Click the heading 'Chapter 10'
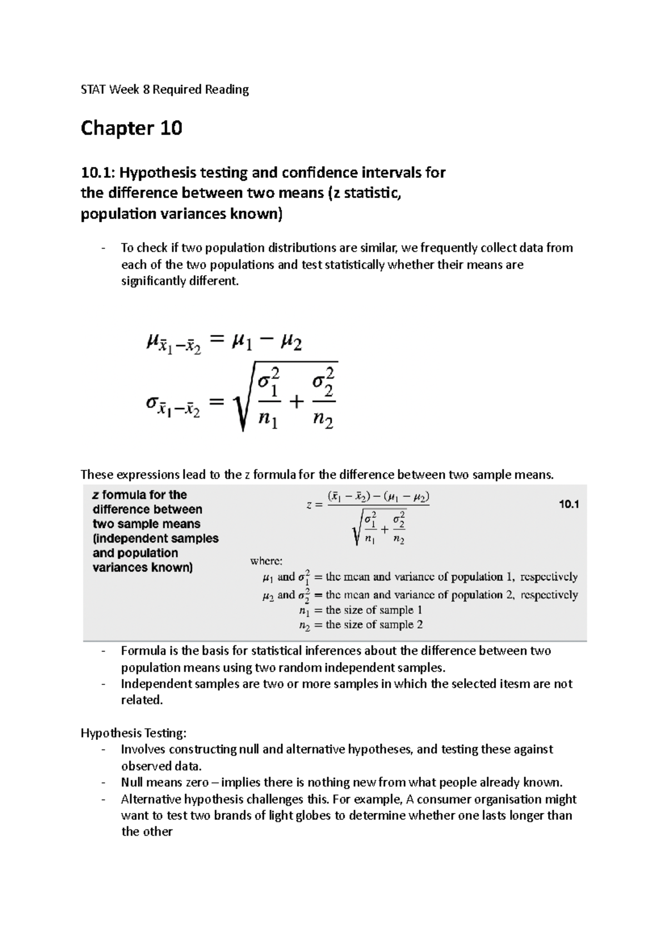(131, 128)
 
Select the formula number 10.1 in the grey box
(568, 505)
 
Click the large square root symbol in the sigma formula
(243, 398)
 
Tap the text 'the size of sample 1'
(374, 610)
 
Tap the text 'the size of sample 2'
(374, 625)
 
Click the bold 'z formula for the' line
(140, 495)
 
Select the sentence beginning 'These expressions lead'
(317, 475)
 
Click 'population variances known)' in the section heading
(181, 214)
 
